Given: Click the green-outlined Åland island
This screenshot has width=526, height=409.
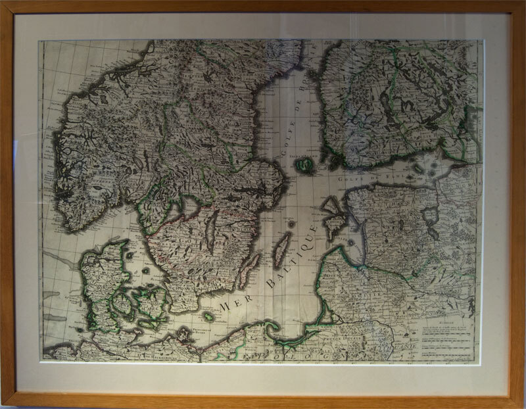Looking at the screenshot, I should (304, 165).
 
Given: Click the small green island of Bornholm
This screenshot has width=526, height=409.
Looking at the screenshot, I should (208, 316).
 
